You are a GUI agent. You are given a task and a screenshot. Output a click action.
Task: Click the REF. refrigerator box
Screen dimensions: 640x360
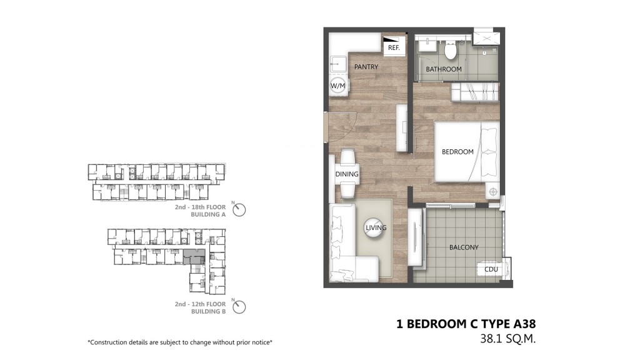(394, 45)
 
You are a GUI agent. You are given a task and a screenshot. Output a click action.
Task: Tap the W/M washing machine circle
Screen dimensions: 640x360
(338, 86)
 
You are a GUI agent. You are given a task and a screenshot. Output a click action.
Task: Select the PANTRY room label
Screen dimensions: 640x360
(366, 66)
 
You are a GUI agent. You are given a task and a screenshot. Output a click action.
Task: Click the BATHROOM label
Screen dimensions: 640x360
(444, 69)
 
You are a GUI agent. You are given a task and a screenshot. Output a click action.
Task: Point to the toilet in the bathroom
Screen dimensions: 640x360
(450, 50)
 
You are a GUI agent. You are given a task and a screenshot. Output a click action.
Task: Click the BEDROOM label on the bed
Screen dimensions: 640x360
(457, 151)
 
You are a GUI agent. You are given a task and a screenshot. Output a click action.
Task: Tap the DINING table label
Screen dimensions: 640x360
(347, 174)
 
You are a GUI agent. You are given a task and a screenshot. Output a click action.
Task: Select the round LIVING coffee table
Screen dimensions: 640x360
(375, 227)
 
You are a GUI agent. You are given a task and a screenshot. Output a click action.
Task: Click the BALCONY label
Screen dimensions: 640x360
(464, 247)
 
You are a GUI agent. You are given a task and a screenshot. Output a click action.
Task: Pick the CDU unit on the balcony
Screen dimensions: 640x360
(491, 269)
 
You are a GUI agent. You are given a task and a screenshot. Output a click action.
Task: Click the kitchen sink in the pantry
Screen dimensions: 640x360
(337, 62)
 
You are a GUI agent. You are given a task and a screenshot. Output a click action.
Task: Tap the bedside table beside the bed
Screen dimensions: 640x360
(492, 191)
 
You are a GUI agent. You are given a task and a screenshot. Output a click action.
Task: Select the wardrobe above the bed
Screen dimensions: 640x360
(475, 92)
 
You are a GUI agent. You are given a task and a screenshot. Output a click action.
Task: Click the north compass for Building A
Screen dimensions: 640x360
(239, 210)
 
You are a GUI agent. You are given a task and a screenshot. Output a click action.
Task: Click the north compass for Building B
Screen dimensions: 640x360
(239, 307)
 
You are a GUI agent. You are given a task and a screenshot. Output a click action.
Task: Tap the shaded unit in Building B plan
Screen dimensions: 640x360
(194, 256)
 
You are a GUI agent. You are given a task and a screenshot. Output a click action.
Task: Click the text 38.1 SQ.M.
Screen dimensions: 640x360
(507, 339)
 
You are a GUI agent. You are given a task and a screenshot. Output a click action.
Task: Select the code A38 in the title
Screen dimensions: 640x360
(524, 324)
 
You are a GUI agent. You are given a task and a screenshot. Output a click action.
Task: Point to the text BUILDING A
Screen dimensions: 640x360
(208, 215)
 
